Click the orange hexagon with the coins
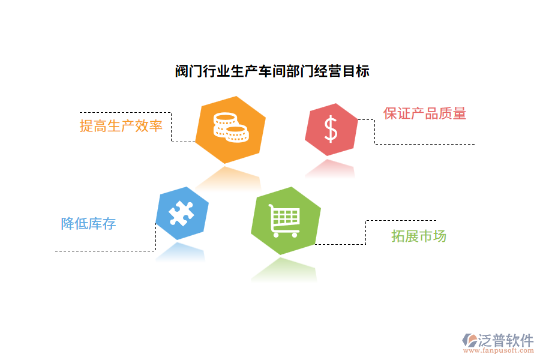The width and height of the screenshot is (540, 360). (230, 129)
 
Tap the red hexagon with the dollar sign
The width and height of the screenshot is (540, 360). (331, 130)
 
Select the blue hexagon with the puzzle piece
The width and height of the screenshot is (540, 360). (182, 214)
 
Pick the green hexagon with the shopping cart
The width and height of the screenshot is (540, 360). (286, 220)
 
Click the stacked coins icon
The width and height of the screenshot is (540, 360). (230, 127)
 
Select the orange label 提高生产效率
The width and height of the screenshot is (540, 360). (121, 126)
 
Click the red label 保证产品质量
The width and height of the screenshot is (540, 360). (425, 113)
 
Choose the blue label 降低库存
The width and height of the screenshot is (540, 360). (89, 224)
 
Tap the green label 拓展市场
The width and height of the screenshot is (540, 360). (419, 236)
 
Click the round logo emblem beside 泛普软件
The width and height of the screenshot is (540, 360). (469, 341)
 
